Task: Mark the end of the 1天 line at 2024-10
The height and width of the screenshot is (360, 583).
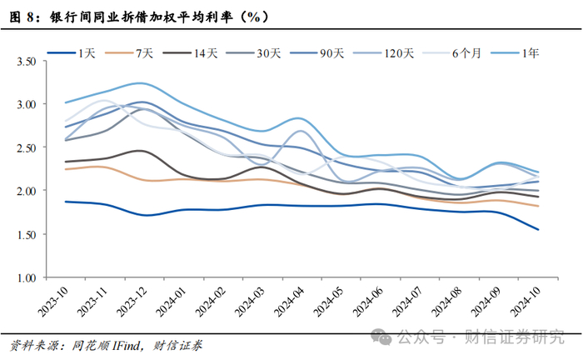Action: pyautogui.click(x=538, y=230)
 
